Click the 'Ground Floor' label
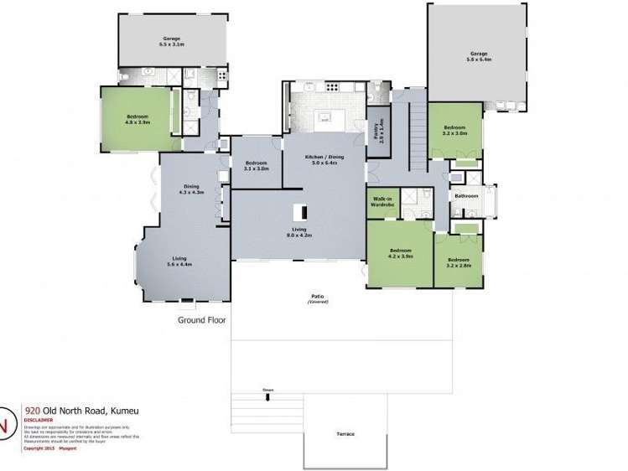[x=201, y=319]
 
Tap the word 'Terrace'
[x=345, y=434]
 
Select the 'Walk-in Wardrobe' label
[x=382, y=203]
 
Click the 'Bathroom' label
[x=466, y=196]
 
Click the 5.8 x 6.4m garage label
[x=478, y=57]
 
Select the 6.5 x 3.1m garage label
[x=173, y=41]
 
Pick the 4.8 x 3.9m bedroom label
[x=138, y=118]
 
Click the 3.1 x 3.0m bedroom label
[x=256, y=165]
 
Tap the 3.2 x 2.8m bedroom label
[x=459, y=262]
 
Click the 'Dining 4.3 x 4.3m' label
[x=192, y=189]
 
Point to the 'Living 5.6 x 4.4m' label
[x=179, y=261]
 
